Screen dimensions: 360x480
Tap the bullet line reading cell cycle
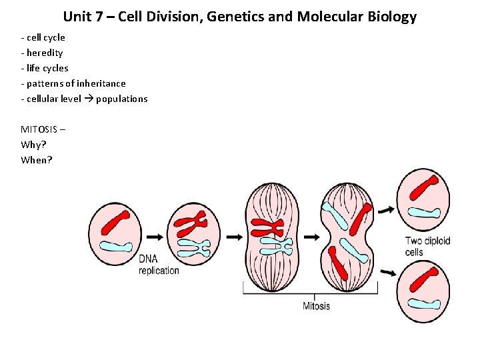[45, 38]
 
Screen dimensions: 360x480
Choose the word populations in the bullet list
[122, 99]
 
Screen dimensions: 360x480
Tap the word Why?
[33, 144]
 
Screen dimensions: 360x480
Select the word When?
[37, 159]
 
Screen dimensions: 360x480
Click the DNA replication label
[159, 265]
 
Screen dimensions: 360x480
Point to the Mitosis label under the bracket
[316, 306]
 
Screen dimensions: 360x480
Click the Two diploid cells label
[427, 247]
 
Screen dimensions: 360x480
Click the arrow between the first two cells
[154, 237]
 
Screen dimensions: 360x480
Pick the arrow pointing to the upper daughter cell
[385, 210]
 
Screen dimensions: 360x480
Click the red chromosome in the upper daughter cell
[423, 187]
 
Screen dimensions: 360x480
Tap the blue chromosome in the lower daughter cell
[425, 303]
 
